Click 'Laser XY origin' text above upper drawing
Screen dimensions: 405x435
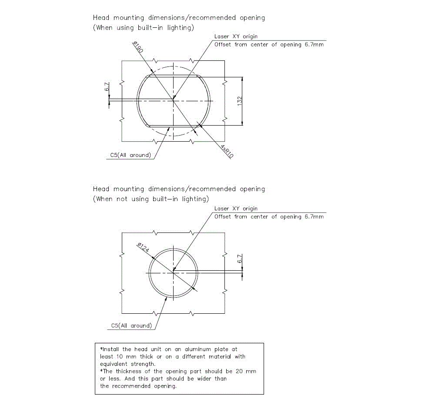[x=236, y=37]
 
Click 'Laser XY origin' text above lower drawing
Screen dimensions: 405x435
[x=236, y=209]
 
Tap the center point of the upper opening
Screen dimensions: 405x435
[x=173, y=100]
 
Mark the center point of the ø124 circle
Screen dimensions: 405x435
[x=173, y=273]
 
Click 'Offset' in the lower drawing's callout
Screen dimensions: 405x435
[x=223, y=216]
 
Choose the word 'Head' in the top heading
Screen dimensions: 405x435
[x=101, y=18]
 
